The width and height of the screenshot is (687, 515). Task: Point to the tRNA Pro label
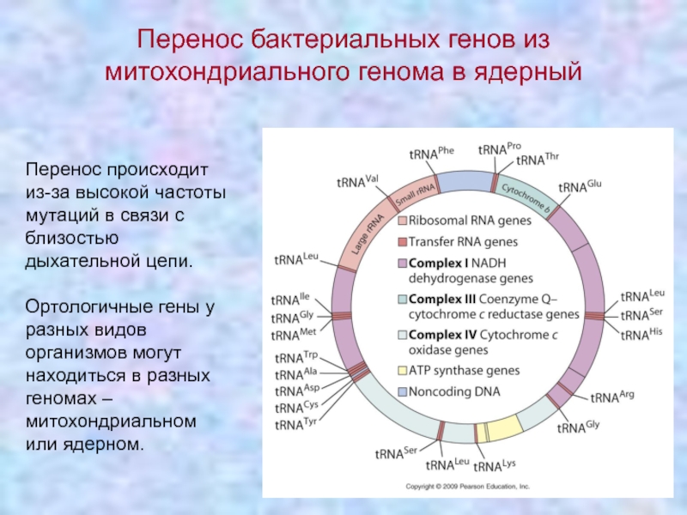point(499,148)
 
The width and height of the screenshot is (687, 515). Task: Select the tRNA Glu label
point(580,186)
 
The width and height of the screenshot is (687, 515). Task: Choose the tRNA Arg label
point(611,397)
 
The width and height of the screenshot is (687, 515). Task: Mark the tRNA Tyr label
point(295,424)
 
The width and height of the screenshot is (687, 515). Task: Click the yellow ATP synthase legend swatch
point(402,371)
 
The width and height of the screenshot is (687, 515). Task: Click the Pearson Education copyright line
point(468,485)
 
